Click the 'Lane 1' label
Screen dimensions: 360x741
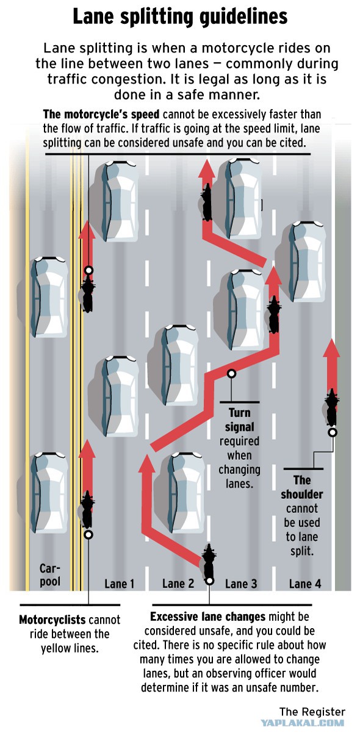[120, 584]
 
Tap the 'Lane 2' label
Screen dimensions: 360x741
[178, 584]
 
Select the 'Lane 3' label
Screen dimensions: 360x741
[241, 584]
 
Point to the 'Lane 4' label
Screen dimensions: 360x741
[305, 584]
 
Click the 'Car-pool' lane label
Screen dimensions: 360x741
[50, 575]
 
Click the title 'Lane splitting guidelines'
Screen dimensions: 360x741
[180, 16]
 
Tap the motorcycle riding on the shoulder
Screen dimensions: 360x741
[331, 407]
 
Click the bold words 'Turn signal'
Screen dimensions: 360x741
[240, 420]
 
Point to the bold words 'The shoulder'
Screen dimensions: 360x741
[302, 487]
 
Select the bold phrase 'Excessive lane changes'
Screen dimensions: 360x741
[208, 617]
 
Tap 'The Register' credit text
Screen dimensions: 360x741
[312, 712]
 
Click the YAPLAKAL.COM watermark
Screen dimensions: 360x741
[303, 723]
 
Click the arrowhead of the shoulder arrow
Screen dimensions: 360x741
[331, 348]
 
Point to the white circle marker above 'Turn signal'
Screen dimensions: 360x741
[232, 373]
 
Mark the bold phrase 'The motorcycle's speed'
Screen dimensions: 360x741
[101, 115]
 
